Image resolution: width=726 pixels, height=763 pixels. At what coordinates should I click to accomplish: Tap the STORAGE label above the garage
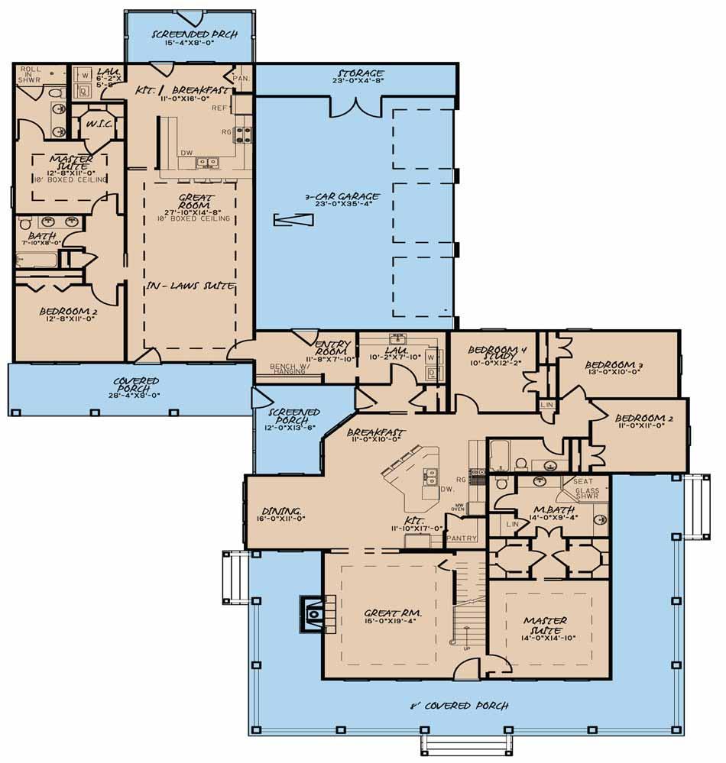point(359,73)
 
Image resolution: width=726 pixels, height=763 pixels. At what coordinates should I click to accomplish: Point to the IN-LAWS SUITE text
point(190,286)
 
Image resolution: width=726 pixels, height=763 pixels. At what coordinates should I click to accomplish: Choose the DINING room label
point(280,511)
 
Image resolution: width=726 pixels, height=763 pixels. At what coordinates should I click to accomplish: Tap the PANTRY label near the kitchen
point(463,538)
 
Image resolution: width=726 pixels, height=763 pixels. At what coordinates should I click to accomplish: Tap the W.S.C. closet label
point(100,124)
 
